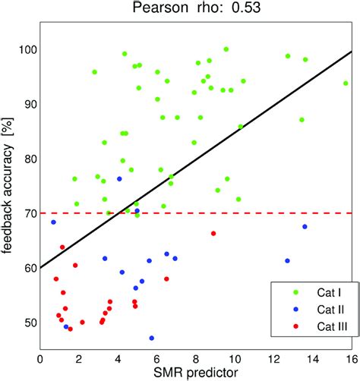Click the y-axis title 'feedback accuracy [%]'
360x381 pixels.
[x=10, y=190]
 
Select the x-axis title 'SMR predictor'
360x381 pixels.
[x=196, y=372]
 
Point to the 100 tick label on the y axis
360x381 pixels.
[x=24, y=50]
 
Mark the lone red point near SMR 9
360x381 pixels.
[x=213, y=233]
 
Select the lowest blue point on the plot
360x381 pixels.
[x=152, y=338]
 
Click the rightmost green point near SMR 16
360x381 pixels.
[x=346, y=83]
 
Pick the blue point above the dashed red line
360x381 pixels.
[x=119, y=179]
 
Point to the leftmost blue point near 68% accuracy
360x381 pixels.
[x=53, y=222]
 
